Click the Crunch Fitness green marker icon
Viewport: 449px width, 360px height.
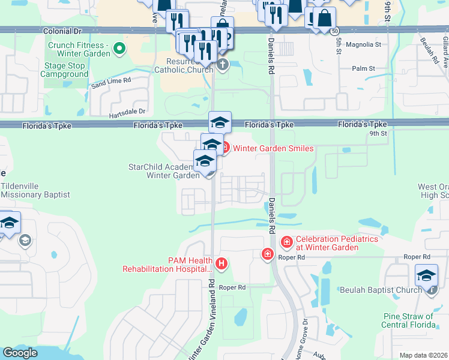pos(119,49)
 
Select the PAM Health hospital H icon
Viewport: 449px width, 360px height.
pos(222,263)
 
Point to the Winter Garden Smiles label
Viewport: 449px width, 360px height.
pos(273,148)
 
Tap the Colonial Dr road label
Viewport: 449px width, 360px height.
pos(62,29)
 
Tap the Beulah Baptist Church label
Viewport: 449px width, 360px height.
pos(381,290)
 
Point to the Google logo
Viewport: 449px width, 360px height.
pos(20,353)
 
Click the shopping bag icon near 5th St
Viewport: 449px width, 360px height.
pos(324,19)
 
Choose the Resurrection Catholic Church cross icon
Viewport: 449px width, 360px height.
pos(223,65)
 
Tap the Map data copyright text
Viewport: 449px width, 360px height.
pos(423,355)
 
